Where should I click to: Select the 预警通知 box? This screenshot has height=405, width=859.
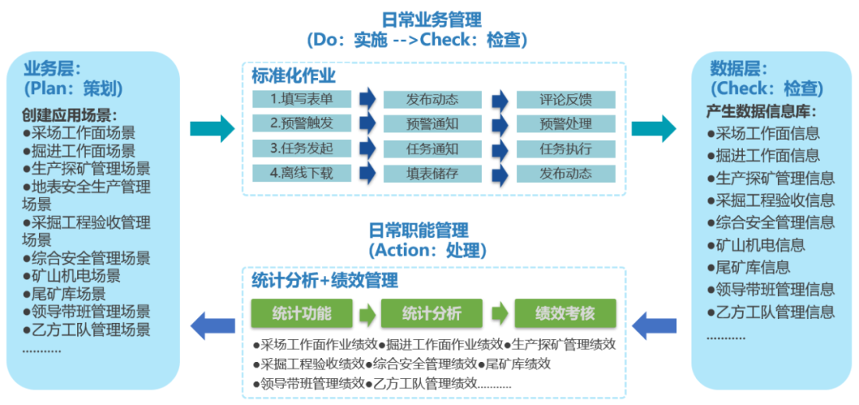pos(432,124)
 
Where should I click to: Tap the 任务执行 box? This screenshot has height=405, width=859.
pos(566,149)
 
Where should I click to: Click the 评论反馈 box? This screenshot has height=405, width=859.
pos(566,99)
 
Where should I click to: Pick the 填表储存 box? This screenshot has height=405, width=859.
pos(432,173)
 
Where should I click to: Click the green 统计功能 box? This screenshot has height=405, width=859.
pos(301,313)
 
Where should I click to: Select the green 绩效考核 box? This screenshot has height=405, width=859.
pos(566,313)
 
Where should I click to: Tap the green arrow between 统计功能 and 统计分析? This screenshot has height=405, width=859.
pos(367,313)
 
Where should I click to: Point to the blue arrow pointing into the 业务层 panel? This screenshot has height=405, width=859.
pos(212,325)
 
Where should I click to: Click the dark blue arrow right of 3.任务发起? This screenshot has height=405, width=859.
pos(367,149)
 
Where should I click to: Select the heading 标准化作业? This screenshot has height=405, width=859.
pos(293,76)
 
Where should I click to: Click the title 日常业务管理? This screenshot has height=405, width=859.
pos(430,18)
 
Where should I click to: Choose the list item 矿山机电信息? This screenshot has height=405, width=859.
pos(756,245)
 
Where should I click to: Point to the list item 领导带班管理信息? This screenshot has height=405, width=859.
pos(771,290)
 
